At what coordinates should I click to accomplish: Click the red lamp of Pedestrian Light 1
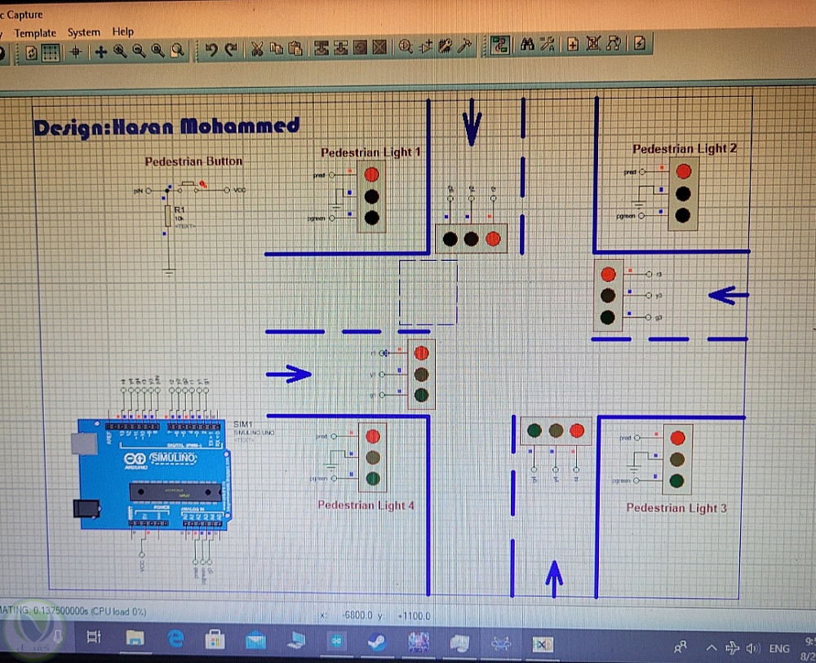click(372, 174)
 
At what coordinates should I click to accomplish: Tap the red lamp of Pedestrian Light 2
click(684, 171)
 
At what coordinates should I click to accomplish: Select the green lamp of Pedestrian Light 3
click(677, 481)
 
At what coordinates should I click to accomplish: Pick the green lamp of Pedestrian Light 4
click(373, 478)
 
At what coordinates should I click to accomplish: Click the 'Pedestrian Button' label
click(193, 161)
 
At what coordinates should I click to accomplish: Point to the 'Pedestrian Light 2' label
click(685, 148)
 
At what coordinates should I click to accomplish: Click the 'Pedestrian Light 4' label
click(366, 506)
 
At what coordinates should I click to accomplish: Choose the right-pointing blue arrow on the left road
click(290, 373)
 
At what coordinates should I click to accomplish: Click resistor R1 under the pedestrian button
click(168, 215)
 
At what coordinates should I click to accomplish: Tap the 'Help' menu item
click(123, 32)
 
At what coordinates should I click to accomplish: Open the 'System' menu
click(83, 33)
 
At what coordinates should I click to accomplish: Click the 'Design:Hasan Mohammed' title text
click(166, 126)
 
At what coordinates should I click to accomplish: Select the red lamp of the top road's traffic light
click(492, 239)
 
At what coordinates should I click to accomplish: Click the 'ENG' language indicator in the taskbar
click(778, 648)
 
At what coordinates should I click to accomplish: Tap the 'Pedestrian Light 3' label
click(676, 508)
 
